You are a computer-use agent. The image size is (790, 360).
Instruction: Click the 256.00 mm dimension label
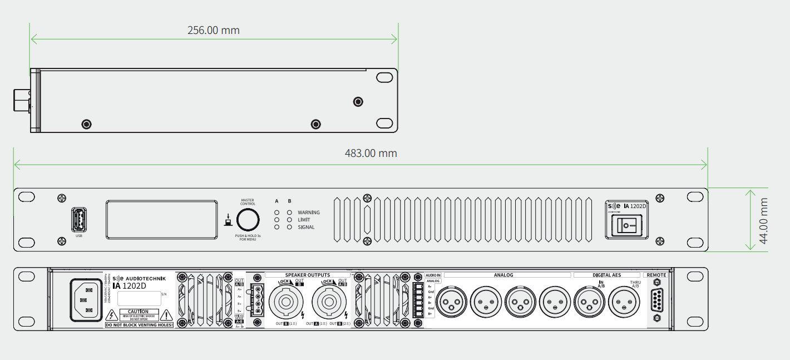pos(214,30)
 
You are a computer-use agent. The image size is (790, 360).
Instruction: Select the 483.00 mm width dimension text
pos(371,153)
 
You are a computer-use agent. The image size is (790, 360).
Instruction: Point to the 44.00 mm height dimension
pos(764,220)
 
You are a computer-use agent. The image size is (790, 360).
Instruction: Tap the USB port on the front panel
pos(78,220)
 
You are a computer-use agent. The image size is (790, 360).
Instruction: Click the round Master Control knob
pos(248,220)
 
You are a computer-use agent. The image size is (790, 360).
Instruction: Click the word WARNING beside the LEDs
pos(309,213)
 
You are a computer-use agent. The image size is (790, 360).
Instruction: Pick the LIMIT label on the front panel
pos(304,220)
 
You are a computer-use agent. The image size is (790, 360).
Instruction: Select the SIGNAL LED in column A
pos(277,227)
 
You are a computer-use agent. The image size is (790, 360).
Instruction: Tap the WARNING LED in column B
pos(289,213)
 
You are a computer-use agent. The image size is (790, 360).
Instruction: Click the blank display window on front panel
pos(161,220)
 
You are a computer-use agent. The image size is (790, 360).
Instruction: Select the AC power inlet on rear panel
pos(86,300)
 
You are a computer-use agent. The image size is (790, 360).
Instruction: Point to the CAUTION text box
pos(139,314)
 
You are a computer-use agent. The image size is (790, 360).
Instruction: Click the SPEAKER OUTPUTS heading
pos(308,275)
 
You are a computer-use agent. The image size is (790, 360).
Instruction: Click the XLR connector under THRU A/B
pos(624,302)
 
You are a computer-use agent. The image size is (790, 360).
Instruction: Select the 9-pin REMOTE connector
pos(656,302)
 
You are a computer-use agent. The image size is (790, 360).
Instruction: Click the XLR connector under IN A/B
pos(589,302)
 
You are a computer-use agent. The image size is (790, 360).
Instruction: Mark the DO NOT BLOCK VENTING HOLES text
pos(139,324)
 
